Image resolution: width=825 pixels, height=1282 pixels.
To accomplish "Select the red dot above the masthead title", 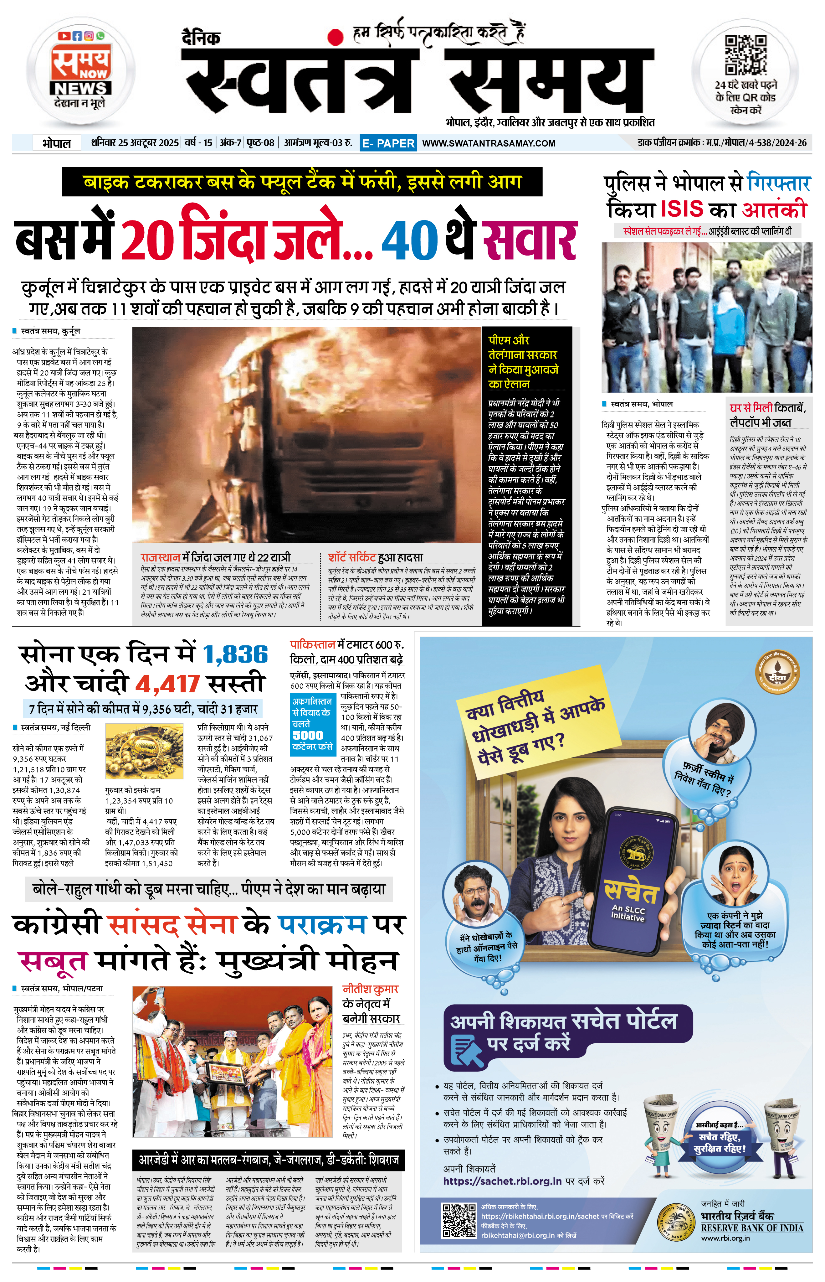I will [336, 36].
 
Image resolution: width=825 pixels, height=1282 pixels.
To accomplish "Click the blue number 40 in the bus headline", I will [409, 240].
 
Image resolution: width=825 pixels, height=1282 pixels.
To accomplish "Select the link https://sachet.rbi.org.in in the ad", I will [502, 1181].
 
